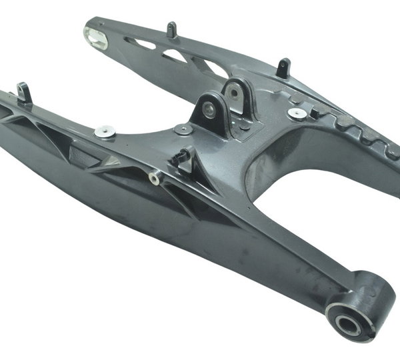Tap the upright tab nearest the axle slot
(x=171, y=29)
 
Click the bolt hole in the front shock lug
(x=209, y=111)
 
